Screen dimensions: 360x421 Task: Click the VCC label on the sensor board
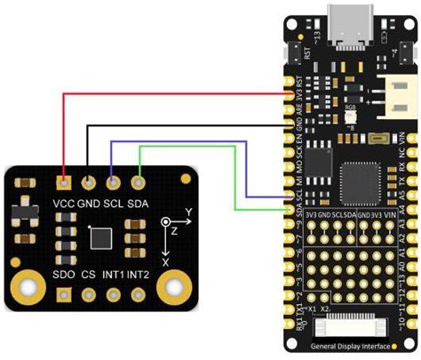[64, 203]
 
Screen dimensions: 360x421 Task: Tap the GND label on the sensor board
[89, 203]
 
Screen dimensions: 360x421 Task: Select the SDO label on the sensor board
[64, 275]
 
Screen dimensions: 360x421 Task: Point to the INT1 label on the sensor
[114, 275]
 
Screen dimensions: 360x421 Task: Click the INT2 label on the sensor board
[139, 275]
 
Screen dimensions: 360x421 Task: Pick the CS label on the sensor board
[88, 275]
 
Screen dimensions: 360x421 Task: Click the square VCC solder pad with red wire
[64, 183]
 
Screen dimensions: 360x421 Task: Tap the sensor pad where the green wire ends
[138, 183]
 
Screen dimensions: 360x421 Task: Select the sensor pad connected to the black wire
[88, 183]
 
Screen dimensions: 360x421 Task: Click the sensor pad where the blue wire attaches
[113, 183]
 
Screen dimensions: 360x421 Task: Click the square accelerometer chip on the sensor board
[101, 238]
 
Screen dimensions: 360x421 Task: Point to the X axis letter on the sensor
[166, 263]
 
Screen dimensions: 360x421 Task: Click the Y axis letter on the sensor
[188, 213]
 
